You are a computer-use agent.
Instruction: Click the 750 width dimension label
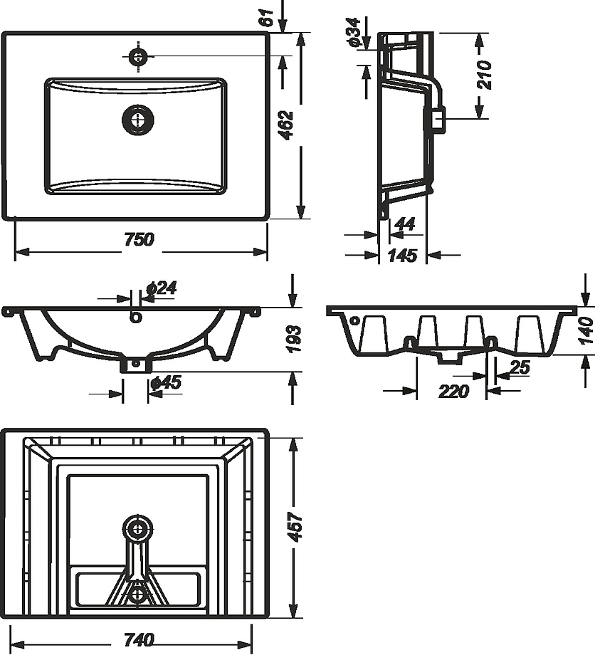[139, 239]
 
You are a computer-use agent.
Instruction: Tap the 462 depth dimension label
[287, 125]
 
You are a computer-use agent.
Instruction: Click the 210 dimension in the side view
[485, 75]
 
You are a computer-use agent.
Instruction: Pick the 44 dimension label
[404, 224]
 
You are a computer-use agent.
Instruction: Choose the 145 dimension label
[403, 255]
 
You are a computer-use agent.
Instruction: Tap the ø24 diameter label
[161, 288]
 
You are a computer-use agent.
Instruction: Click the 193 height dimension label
[295, 338]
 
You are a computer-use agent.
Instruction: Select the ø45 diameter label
[166, 382]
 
